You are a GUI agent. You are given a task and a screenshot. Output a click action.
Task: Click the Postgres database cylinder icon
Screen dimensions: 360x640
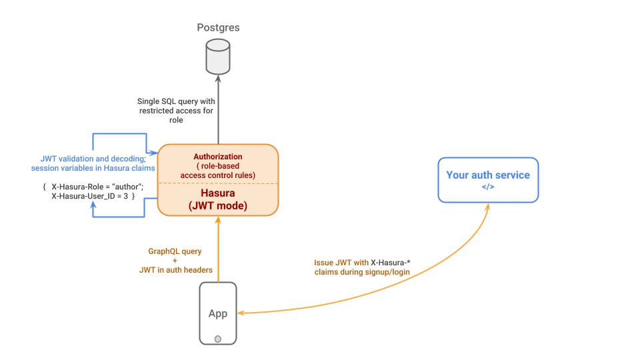(218, 57)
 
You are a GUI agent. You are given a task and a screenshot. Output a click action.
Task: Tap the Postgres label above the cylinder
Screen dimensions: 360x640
(218, 28)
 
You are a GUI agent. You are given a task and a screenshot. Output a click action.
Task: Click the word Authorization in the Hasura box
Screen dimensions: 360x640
(218, 157)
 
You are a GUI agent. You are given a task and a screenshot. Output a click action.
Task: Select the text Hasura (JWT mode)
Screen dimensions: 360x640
(218, 199)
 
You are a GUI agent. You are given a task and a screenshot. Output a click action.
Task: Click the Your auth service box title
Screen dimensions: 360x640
(488, 175)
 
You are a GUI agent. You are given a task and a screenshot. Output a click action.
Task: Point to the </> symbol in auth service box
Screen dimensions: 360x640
(488, 187)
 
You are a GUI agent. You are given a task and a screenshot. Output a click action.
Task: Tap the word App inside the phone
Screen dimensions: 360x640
(218, 313)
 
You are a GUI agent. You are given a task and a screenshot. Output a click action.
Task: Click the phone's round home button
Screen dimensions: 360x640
(218, 339)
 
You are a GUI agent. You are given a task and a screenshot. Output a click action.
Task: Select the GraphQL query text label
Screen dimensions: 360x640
(175, 251)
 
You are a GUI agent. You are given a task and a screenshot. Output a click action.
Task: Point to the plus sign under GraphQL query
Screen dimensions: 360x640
(175, 261)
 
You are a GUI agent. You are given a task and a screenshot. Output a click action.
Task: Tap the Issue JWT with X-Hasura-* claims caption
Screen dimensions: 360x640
(362, 267)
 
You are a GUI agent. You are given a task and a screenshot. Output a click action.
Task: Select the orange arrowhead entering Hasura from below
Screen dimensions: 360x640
(218, 221)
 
